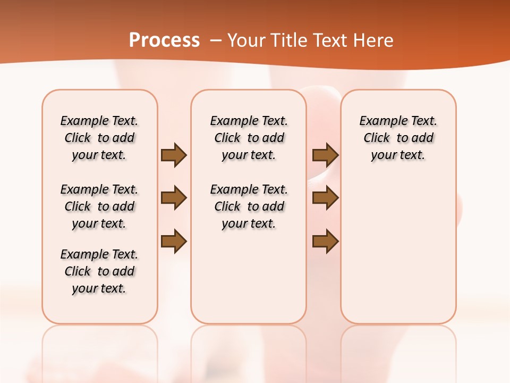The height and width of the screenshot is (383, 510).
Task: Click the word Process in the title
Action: click(164, 40)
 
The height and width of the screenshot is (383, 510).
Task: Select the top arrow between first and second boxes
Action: click(174, 155)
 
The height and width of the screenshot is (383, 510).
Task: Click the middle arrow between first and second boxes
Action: click(174, 198)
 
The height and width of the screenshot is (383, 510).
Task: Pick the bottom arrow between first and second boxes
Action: click(174, 242)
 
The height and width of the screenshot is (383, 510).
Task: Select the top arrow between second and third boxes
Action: click(325, 155)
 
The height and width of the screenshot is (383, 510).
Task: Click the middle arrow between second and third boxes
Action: click(325, 198)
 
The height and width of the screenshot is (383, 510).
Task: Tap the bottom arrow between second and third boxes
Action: click(325, 242)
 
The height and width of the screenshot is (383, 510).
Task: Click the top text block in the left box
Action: click(99, 138)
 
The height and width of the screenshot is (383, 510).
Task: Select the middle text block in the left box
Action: click(99, 206)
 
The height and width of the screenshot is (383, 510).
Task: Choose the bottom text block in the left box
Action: click(99, 271)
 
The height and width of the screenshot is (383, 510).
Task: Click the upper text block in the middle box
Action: click(249, 138)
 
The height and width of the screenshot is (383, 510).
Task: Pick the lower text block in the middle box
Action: click(249, 206)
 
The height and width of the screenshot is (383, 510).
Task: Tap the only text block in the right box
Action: click(398, 138)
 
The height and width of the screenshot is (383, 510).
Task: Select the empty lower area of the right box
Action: click(398, 255)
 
